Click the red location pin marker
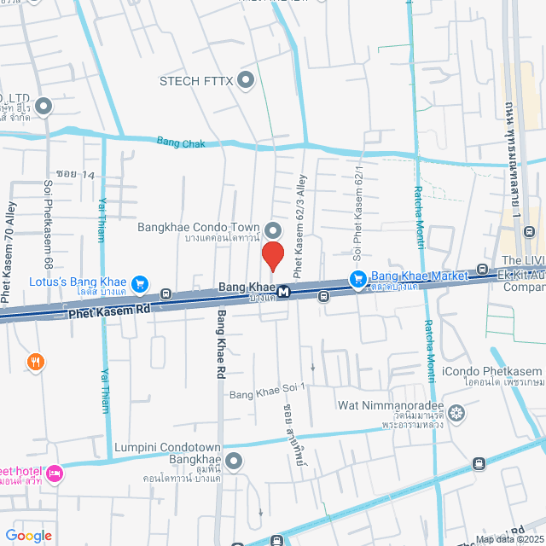pos(272,255)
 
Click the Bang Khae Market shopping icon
pos(358,277)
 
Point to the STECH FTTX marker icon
pos(247,81)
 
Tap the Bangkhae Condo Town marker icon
pos(273,229)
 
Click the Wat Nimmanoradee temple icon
pos(457,414)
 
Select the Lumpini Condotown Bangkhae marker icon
pos(234,462)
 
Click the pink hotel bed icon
pos(55,473)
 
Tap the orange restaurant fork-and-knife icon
pos(35,361)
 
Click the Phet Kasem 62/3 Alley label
pos(299,227)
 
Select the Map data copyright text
pos(508,539)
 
